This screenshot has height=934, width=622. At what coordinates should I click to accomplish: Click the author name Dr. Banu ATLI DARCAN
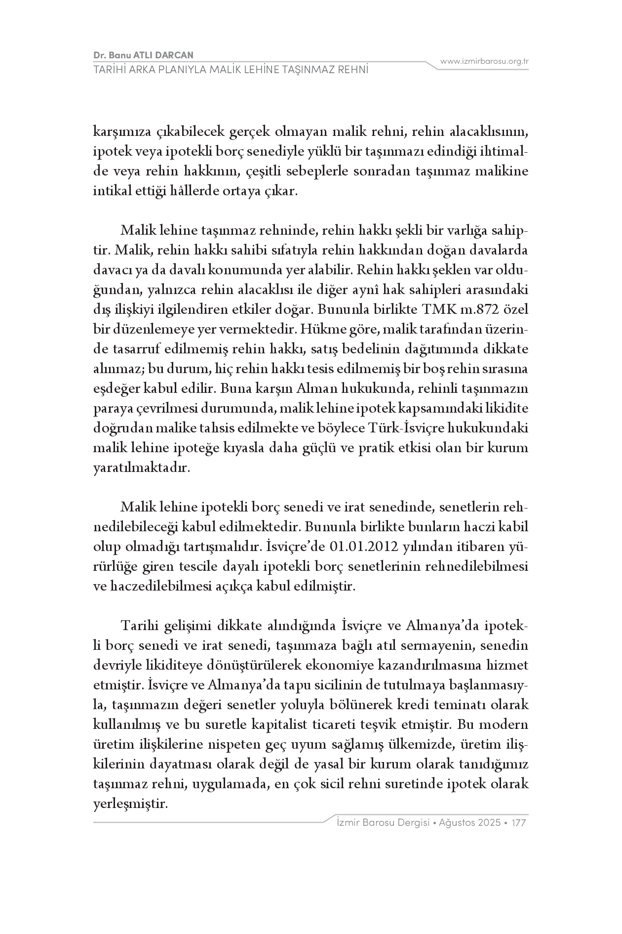pyautogui.click(x=143, y=55)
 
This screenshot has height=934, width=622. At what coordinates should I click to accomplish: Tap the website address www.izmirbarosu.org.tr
pyautogui.click(x=484, y=61)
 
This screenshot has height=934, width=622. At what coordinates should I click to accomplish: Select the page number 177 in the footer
pyautogui.click(x=519, y=823)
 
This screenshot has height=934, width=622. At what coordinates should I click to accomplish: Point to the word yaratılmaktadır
pyautogui.click(x=141, y=468)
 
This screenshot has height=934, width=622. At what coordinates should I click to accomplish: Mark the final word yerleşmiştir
pyautogui.click(x=131, y=804)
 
